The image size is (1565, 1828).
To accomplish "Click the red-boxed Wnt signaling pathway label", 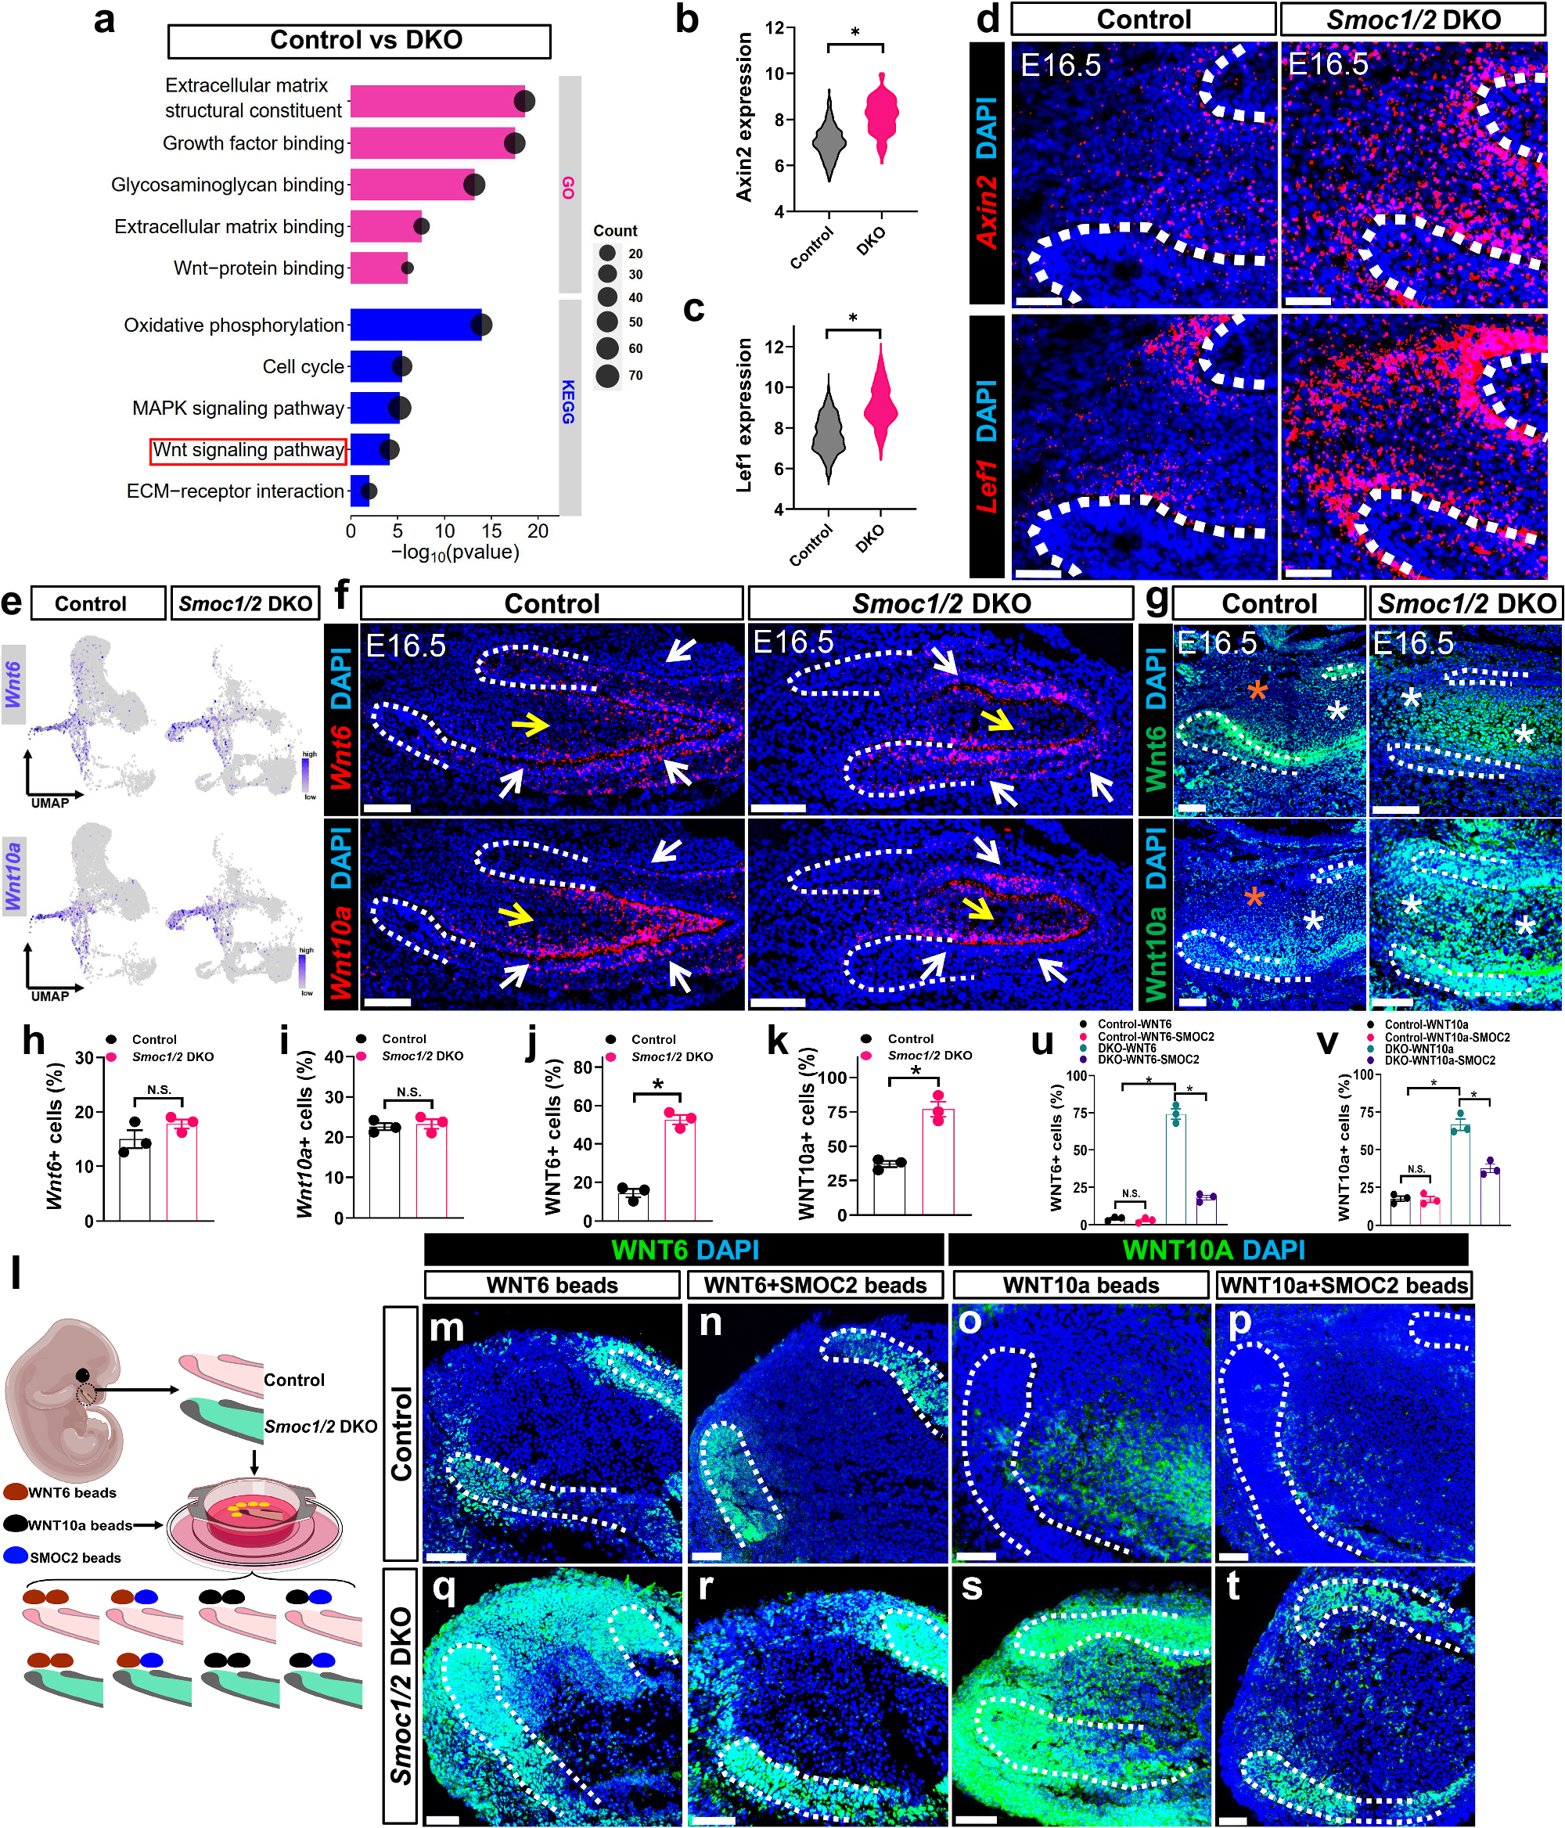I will tap(248, 450).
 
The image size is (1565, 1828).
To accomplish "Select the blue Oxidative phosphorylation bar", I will tap(415, 325).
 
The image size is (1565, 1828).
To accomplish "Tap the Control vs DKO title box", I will tap(359, 41).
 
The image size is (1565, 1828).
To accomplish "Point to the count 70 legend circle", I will tap(607, 376).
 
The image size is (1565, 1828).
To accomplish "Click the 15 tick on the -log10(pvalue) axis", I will tap(491, 531).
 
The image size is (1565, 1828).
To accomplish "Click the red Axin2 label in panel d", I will tap(986, 212).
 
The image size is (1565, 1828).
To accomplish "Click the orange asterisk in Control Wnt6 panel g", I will tap(1257, 690).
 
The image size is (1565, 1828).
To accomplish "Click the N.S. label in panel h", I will tap(159, 1090).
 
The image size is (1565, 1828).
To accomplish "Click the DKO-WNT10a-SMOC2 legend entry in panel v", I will tap(1439, 1060).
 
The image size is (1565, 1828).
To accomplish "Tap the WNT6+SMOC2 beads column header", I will tap(815, 1286).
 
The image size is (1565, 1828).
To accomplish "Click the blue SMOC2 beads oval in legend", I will tap(16, 1556).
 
